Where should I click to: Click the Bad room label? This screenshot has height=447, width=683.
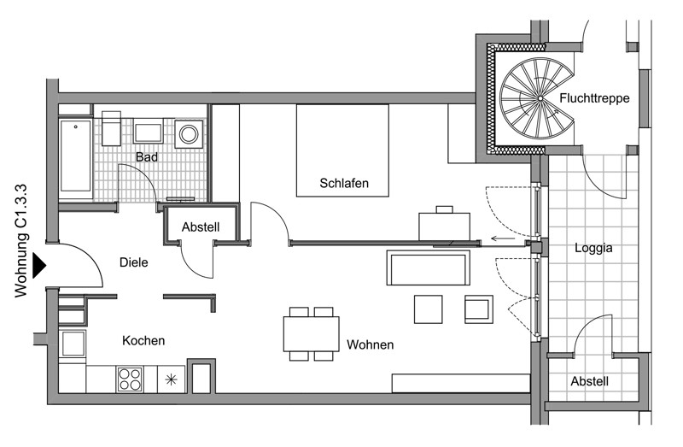[x=146, y=156]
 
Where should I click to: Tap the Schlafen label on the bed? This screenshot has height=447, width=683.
[x=344, y=183]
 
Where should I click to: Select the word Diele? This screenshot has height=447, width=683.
[x=134, y=262]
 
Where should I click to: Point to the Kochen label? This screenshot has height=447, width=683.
[x=143, y=340]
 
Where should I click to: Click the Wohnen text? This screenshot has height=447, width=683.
[x=371, y=344]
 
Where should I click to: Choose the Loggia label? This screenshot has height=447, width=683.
[x=593, y=248]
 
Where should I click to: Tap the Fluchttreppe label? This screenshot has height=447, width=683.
[x=594, y=98]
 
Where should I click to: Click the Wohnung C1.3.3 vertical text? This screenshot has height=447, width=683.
[x=20, y=241]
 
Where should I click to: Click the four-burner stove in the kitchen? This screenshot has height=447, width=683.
[x=130, y=379]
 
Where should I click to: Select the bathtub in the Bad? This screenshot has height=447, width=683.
[x=75, y=156]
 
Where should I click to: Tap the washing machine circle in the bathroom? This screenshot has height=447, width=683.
[x=189, y=134]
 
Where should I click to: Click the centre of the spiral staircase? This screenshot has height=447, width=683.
[x=540, y=98]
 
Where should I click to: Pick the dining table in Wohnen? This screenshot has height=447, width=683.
[x=311, y=334]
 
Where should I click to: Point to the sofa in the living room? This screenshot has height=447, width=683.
[x=429, y=268]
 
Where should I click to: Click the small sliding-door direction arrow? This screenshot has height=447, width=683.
[x=503, y=238]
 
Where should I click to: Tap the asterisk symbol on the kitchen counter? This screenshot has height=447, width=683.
[x=172, y=379]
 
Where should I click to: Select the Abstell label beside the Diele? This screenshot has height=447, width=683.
[x=201, y=226]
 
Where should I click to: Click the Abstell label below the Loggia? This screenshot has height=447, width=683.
[x=589, y=381]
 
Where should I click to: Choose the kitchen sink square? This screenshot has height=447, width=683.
[x=73, y=344]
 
